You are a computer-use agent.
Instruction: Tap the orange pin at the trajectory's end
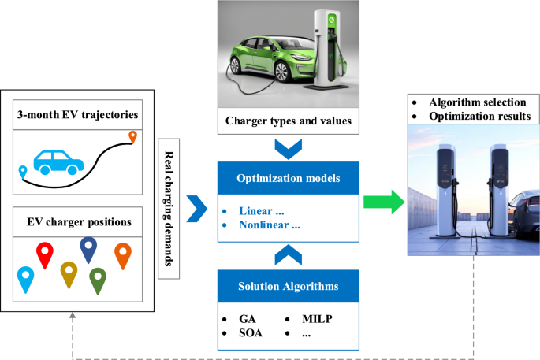point(132,139)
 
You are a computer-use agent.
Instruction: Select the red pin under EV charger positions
point(46,254)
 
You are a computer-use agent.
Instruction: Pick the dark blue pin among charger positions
point(88,249)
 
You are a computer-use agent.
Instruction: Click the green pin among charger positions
point(98,280)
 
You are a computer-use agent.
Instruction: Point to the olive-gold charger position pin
point(69,273)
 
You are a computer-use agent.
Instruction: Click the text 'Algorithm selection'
point(476,103)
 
